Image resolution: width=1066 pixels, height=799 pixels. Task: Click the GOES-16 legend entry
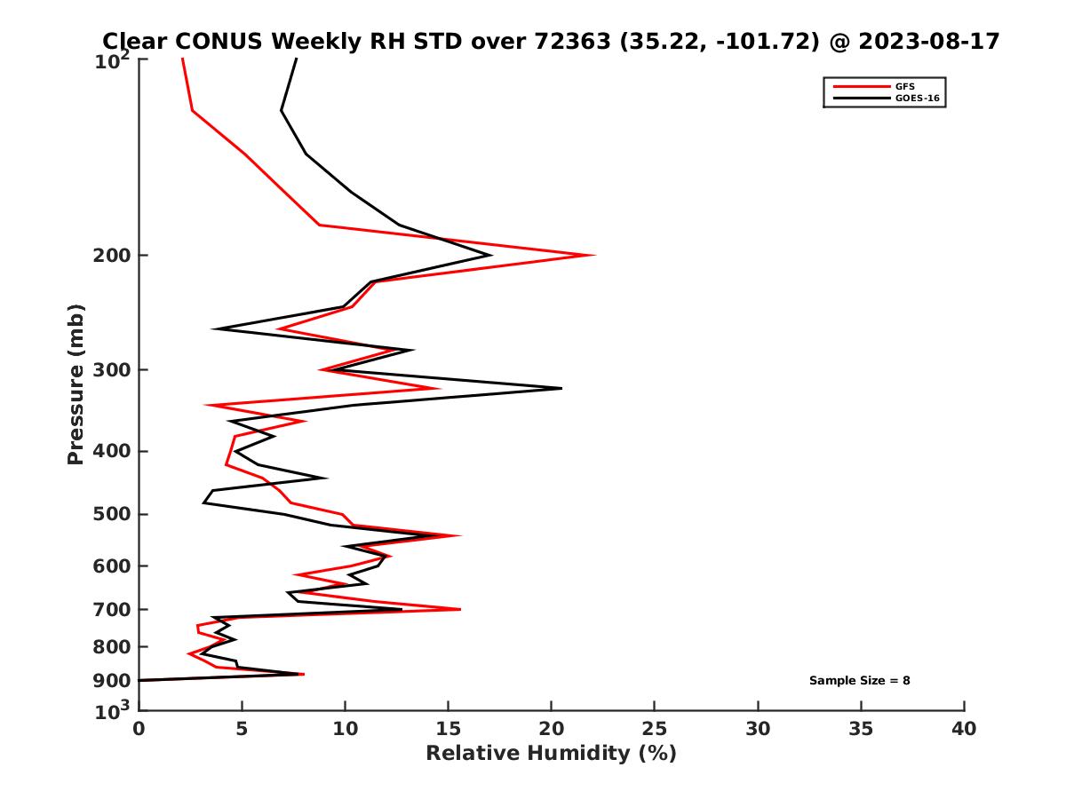[916, 99]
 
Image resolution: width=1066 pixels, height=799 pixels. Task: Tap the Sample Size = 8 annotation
[859, 681]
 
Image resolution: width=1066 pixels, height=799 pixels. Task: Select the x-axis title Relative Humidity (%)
[551, 754]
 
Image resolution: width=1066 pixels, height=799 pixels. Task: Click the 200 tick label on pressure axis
[111, 256]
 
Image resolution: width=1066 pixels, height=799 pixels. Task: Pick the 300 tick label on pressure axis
[111, 370]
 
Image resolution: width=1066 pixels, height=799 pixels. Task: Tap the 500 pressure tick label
[111, 514]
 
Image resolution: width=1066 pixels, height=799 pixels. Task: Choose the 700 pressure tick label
[111, 609]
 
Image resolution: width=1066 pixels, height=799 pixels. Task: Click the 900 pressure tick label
[111, 681]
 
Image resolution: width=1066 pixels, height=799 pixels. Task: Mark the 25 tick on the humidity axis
[655, 729]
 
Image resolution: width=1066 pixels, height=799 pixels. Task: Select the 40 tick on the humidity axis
[964, 729]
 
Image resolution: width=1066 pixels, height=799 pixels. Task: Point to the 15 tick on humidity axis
[449, 729]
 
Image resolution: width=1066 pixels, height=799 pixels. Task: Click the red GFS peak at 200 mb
[593, 256]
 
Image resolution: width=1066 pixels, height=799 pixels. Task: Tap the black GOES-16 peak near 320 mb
[561, 388]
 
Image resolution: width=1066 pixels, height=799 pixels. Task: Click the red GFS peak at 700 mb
[459, 609]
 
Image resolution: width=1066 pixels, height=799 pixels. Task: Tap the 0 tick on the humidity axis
[139, 729]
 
